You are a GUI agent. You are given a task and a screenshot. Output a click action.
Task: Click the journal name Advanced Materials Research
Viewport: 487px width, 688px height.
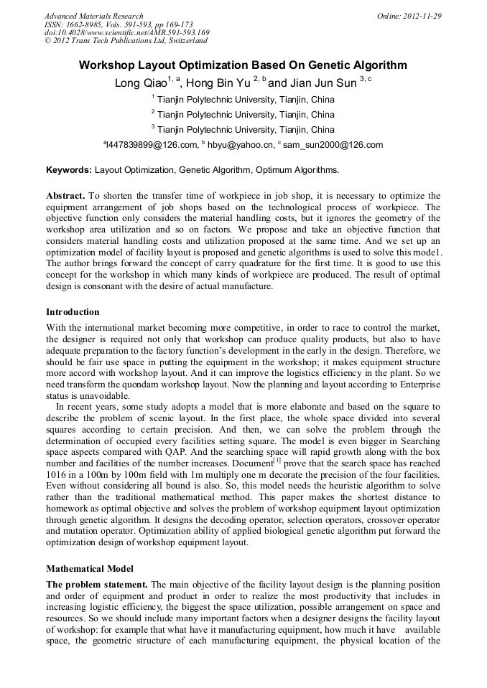[x=93, y=16]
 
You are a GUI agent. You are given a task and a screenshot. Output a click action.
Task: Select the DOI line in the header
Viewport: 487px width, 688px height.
[x=127, y=32]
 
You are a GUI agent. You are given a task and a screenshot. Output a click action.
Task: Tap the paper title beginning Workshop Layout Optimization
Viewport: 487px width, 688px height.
[x=243, y=65]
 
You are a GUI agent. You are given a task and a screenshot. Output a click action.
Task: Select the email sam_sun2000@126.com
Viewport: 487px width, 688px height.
[x=333, y=145]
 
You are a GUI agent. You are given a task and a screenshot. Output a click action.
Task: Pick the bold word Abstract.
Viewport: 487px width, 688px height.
[x=65, y=196]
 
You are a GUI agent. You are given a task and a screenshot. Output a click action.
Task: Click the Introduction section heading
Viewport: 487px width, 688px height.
[x=73, y=312]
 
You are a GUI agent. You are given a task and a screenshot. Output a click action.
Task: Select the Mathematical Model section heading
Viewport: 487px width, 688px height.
[x=90, y=569]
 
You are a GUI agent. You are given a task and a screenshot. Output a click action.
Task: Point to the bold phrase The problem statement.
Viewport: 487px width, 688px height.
[x=97, y=585]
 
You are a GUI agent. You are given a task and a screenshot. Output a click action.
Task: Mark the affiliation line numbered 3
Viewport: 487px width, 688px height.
[x=243, y=130]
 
